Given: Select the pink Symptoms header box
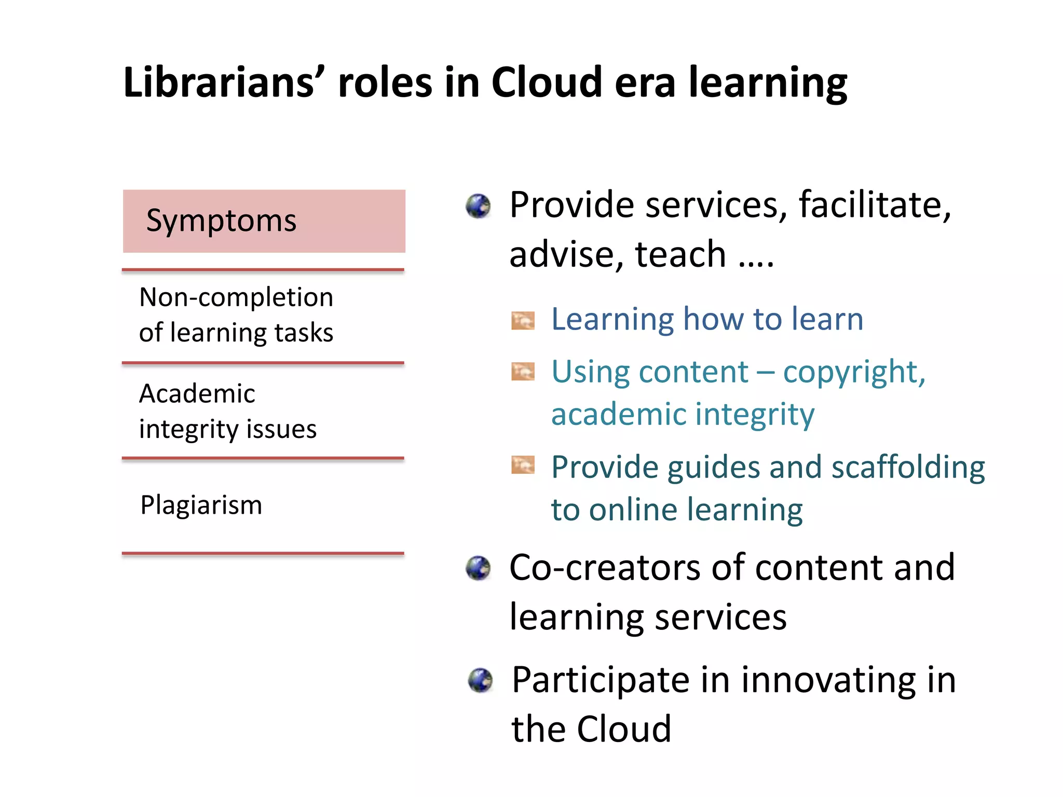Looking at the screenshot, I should point(264,221).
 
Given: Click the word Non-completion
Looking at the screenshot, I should point(236,298).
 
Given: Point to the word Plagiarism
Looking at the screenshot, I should point(201,505).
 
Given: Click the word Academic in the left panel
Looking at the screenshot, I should point(197,394).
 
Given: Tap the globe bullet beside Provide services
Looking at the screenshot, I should point(478,207).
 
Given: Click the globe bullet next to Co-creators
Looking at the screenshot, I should point(478,568).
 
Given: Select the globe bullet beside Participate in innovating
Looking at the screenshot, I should point(480,680).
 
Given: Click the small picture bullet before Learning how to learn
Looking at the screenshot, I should point(523,321).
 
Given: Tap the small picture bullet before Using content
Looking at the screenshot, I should point(523,372).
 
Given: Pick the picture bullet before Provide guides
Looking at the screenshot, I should point(523,465).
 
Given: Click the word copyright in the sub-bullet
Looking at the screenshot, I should point(854,373).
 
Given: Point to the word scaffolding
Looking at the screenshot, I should point(908,467).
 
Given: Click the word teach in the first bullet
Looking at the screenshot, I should point(680,254).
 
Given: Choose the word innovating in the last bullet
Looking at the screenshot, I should point(828,680).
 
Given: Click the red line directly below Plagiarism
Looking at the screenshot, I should point(263,554).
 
